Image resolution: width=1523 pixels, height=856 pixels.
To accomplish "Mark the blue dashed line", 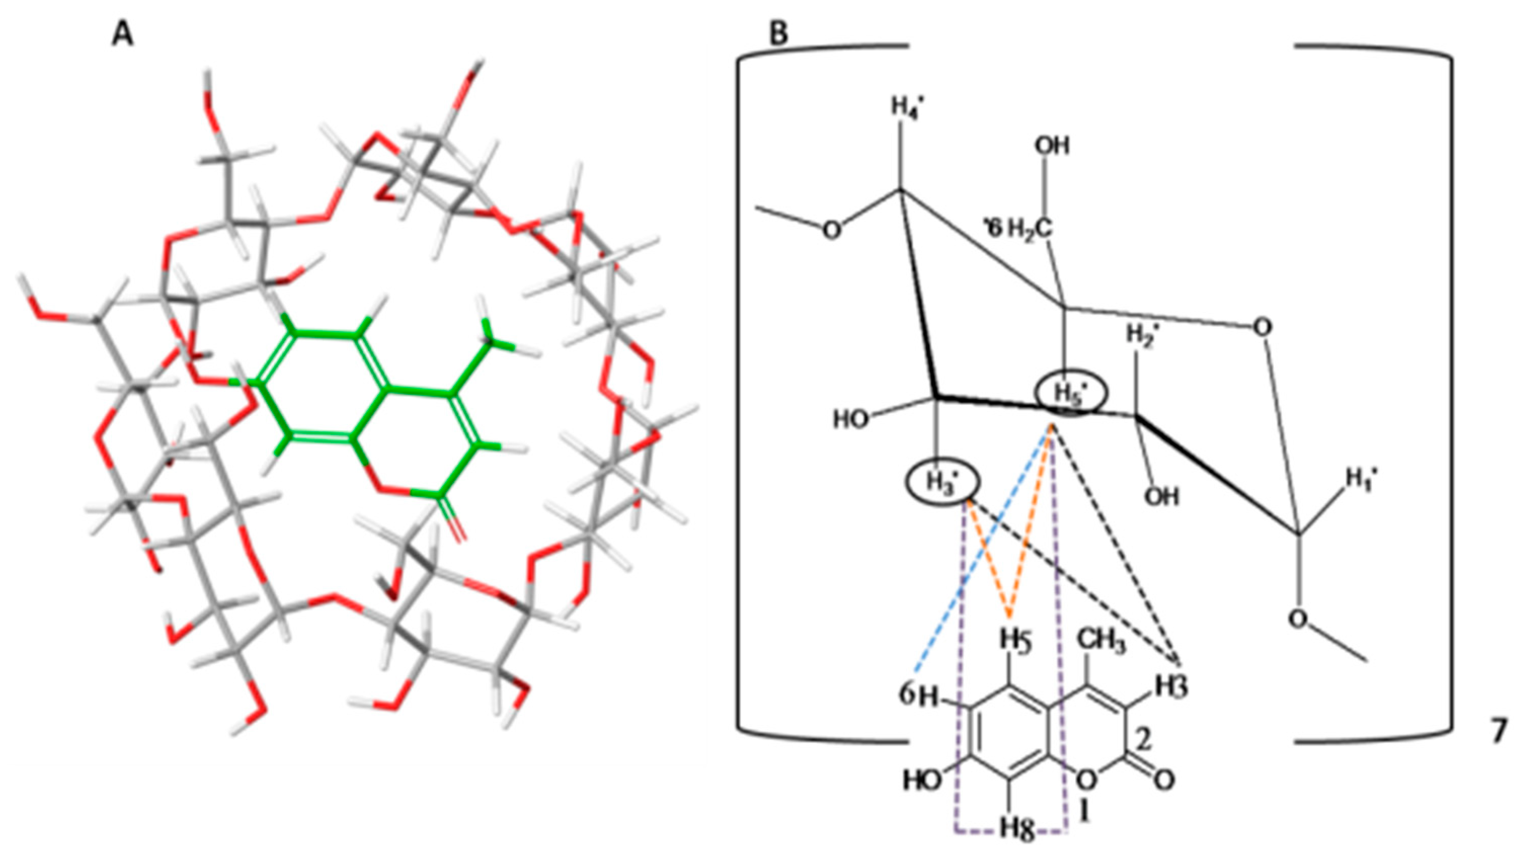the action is pos(981,556).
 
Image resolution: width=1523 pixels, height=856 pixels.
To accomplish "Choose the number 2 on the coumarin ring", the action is pos(1144,741).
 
